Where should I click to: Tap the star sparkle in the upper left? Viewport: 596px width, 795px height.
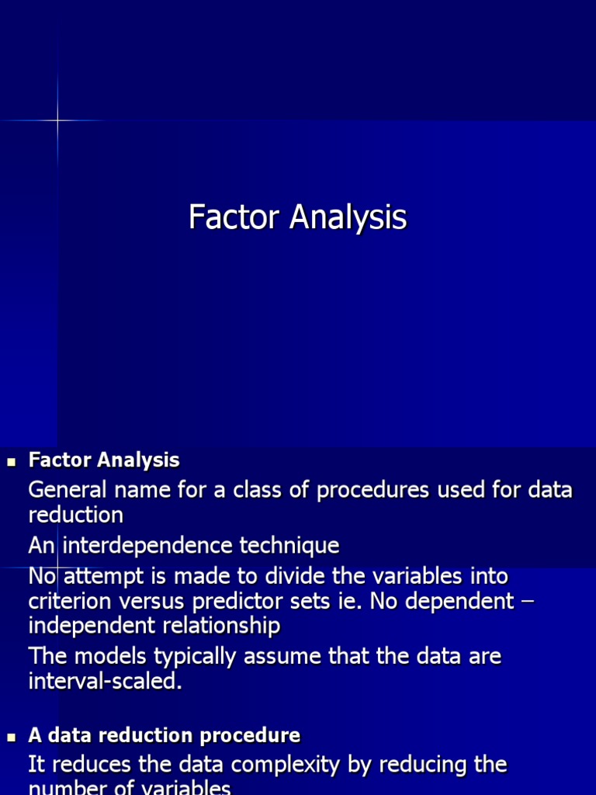[x=57, y=120]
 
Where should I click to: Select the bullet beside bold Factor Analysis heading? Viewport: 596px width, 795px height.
[x=11, y=462]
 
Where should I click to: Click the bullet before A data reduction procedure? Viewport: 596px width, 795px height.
[x=11, y=737]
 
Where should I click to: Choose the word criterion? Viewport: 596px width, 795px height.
[x=71, y=601]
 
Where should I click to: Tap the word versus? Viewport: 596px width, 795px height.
[x=157, y=601]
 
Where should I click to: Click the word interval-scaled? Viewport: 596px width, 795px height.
[x=105, y=682]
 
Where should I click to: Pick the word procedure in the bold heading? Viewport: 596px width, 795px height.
[x=254, y=735]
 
